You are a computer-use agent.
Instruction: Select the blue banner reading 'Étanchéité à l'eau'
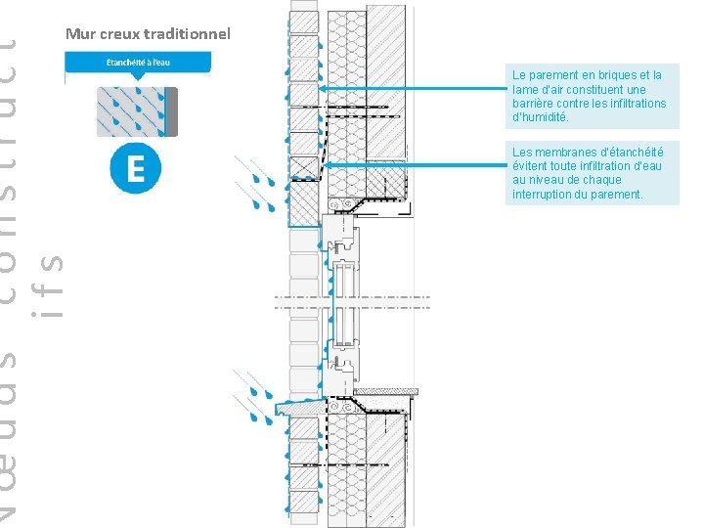tap(138, 63)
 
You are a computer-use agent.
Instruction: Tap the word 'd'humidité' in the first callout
tap(540, 117)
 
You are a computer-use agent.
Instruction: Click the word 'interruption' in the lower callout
tap(543, 195)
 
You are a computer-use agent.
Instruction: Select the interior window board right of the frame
tap(390, 392)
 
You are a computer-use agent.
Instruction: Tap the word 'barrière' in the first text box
tap(533, 104)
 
